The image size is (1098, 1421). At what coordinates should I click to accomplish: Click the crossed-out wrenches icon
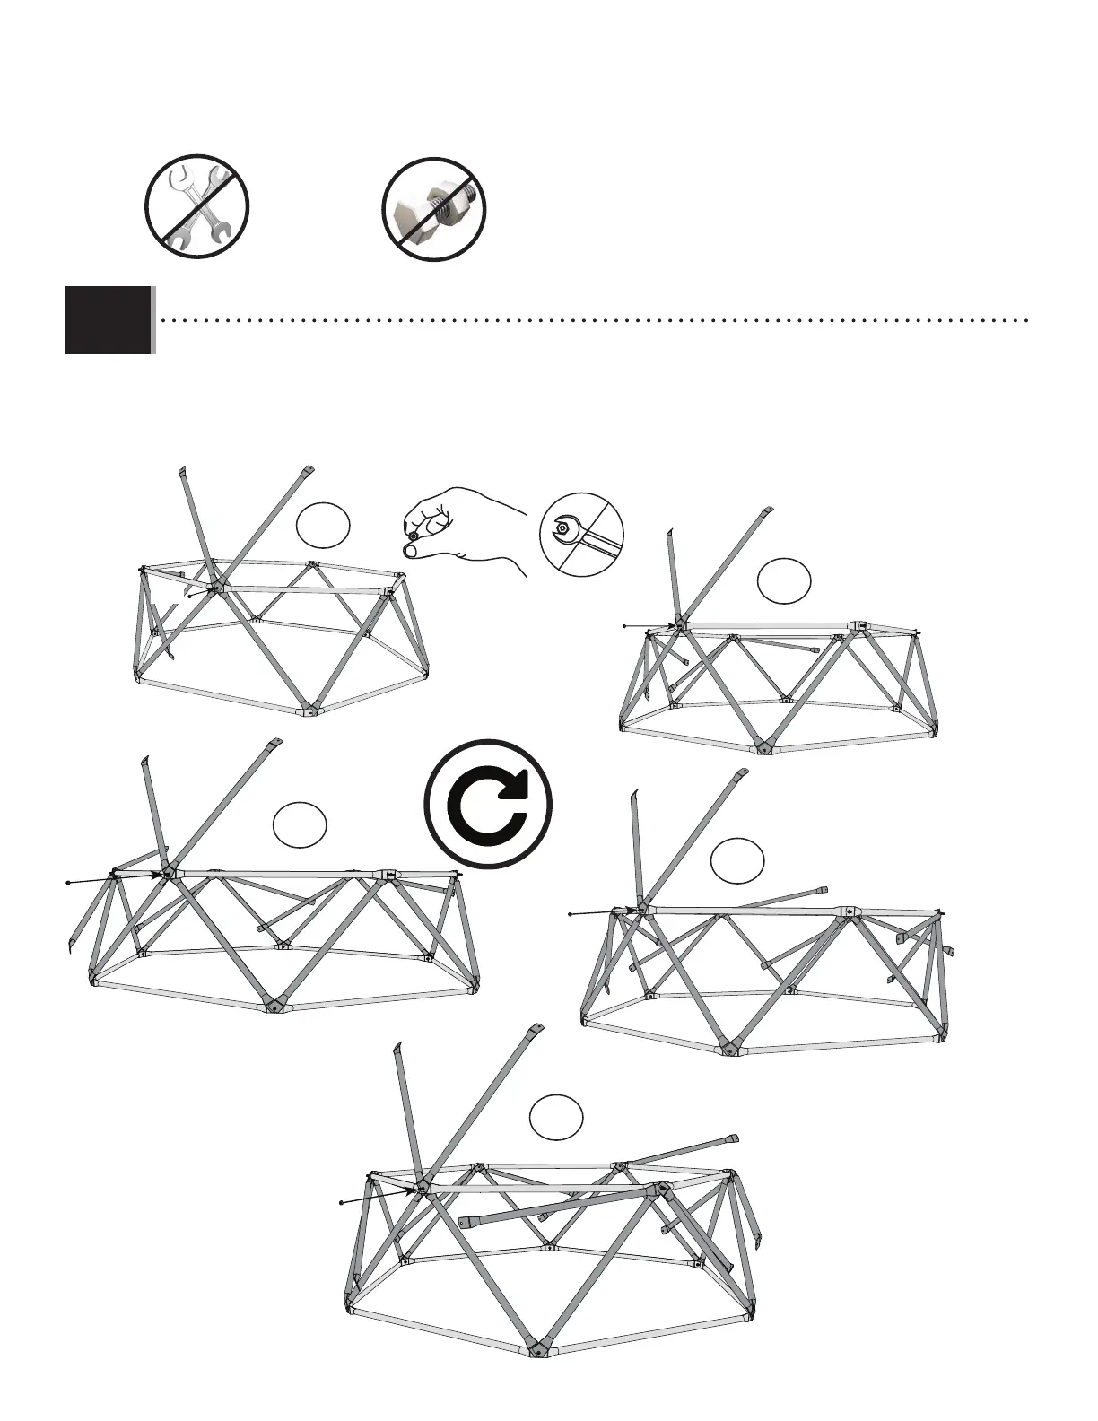[x=196, y=207]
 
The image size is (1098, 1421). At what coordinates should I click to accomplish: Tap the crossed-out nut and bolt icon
[x=434, y=208]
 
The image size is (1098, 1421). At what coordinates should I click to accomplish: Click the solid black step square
[x=108, y=320]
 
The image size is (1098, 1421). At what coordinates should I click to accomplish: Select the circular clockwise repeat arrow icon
[x=488, y=802]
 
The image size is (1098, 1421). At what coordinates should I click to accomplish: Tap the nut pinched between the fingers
[x=414, y=536]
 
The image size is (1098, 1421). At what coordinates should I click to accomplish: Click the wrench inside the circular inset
[x=580, y=536]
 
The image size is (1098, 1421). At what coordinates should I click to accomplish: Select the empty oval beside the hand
[x=323, y=526]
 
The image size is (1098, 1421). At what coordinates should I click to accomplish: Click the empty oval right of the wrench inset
[x=784, y=580]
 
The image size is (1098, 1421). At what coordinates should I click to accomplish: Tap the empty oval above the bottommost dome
[x=556, y=1117]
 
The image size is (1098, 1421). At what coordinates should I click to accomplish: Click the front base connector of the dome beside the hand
[x=308, y=712]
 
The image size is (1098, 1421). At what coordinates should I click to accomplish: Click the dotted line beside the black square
[x=592, y=319]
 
